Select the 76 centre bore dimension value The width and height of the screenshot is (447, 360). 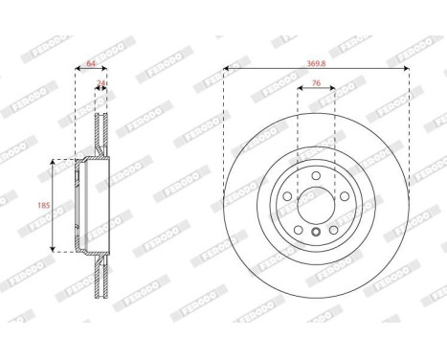click(316, 84)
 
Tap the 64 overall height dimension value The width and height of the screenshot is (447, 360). click(92, 63)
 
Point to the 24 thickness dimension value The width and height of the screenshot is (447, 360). click(101, 84)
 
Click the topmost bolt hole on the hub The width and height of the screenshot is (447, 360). click(317, 174)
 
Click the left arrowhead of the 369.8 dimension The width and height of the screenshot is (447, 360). click(226, 68)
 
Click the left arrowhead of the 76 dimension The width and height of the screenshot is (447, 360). click(300, 94)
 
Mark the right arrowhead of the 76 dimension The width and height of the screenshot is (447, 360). click(334, 94)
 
